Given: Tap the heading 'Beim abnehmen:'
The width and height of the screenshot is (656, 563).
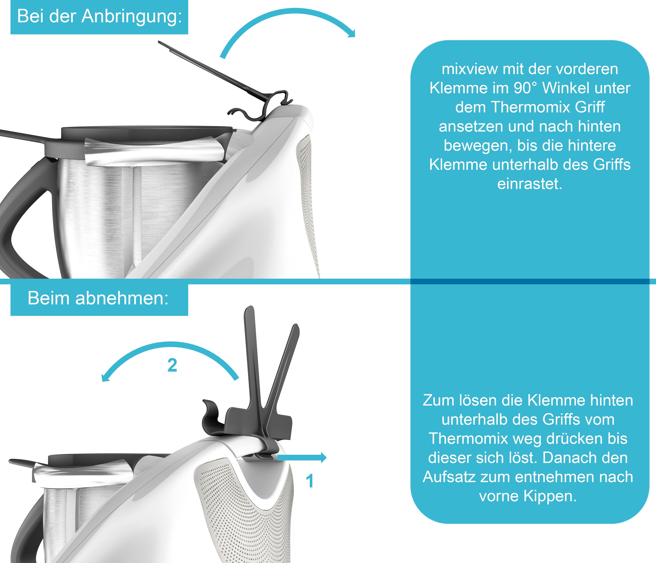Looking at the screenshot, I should click(98, 298).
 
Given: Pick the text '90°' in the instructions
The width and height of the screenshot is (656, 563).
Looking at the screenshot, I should click(524, 88).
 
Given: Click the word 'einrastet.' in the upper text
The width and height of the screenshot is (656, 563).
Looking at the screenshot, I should click(530, 184).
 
